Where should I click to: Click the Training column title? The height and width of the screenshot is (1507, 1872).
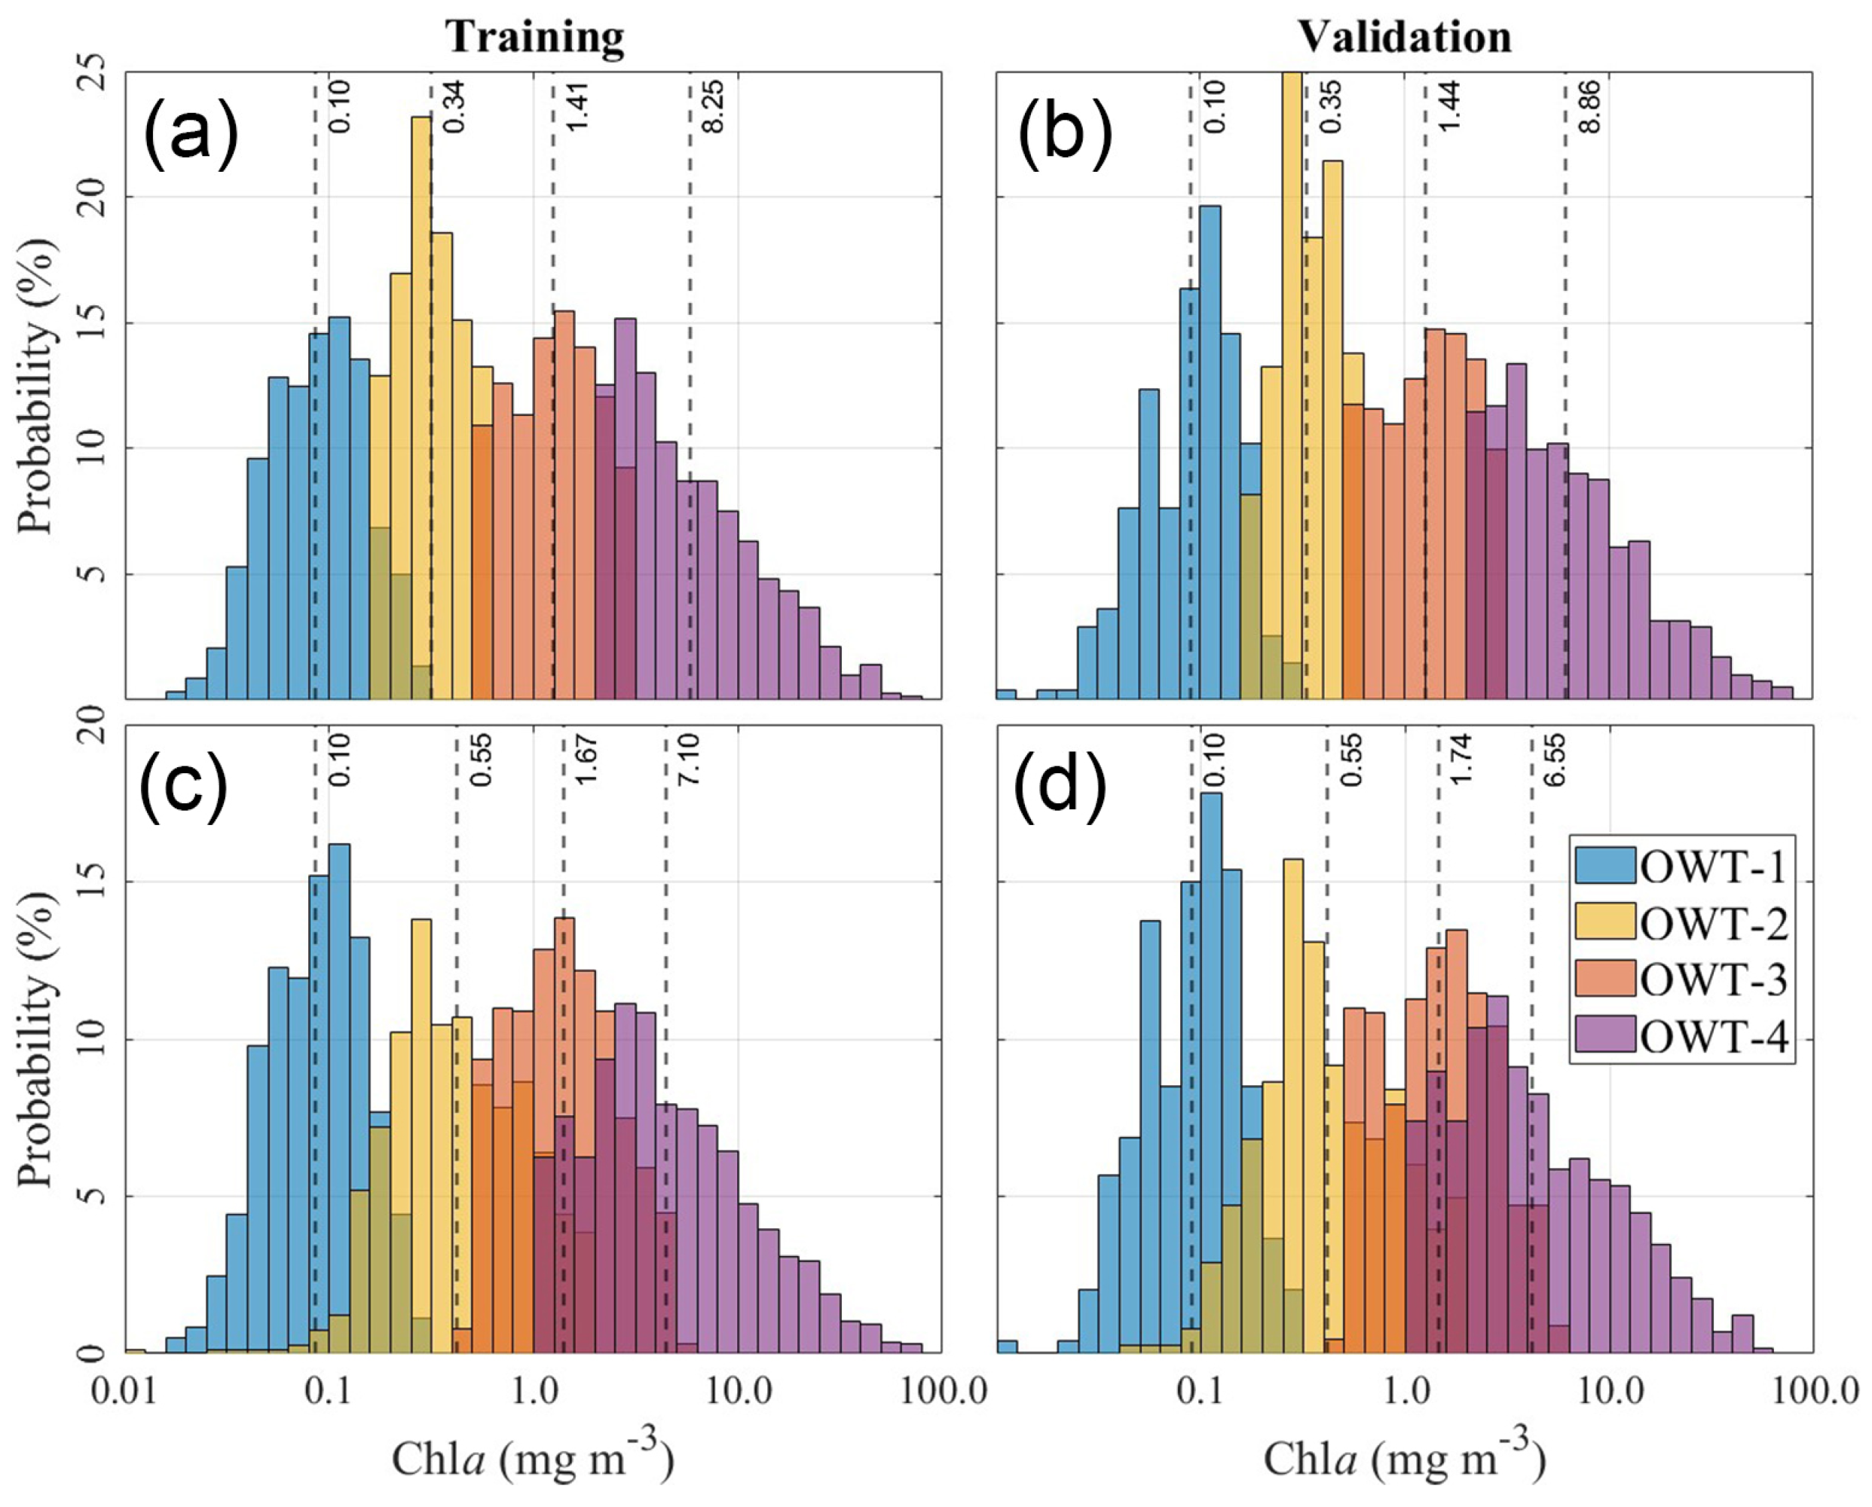pyautogui.click(x=535, y=38)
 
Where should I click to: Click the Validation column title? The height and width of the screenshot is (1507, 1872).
pyautogui.click(x=1404, y=38)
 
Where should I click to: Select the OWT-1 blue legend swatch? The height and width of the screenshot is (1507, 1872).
pyautogui.click(x=1605, y=866)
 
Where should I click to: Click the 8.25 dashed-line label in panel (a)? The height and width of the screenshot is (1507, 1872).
pyautogui.click(x=712, y=107)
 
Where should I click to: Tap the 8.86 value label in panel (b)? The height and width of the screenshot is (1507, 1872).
pyautogui.click(x=1589, y=107)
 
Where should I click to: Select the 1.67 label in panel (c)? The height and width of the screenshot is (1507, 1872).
pyautogui.click(x=586, y=760)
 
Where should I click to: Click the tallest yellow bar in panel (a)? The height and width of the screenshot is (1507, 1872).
pyautogui.click(x=421, y=408)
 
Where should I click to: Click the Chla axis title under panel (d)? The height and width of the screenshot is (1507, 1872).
pyautogui.click(x=1404, y=1458)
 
